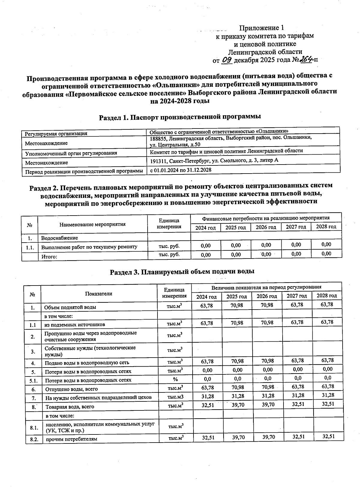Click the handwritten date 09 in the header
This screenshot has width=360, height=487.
[x=227, y=60]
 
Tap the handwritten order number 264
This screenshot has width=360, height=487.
[x=305, y=59]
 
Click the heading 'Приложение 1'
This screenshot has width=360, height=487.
[x=261, y=28]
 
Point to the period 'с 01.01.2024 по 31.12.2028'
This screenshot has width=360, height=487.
[x=181, y=170]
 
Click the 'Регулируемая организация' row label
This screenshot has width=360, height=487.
[x=56, y=134]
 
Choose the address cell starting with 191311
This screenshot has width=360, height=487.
[x=214, y=161]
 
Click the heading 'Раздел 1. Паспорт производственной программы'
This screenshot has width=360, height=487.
[x=180, y=117]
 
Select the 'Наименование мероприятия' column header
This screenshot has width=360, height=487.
[x=92, y=224]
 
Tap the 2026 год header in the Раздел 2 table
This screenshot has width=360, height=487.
[x=266, y=227]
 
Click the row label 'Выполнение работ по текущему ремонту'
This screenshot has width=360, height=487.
[x=89, y=247]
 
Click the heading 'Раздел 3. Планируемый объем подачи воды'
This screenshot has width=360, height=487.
[x=182, y=272]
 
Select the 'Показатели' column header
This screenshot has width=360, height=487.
[x=99, y=294]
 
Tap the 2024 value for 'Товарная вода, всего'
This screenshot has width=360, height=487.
[x=208, y=405]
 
